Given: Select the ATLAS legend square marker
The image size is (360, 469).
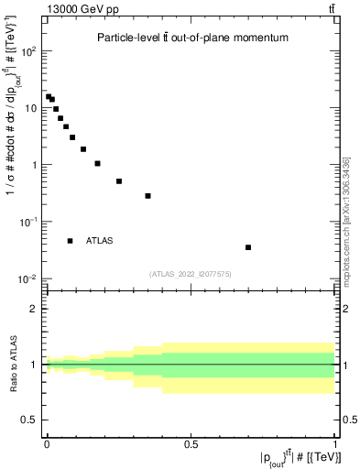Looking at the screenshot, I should [71, 241].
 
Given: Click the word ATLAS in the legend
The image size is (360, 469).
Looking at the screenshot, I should [99, 241].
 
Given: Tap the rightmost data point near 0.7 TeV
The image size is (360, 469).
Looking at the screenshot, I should [248, 247].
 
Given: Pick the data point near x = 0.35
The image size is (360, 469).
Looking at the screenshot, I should [147, 196].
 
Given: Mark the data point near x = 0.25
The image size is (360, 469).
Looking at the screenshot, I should [119, 181].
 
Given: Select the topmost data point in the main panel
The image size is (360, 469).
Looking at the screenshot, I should [49, 96].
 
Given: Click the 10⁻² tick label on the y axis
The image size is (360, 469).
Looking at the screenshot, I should [28, 278].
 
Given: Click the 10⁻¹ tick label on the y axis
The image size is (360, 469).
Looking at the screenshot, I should [28, 222].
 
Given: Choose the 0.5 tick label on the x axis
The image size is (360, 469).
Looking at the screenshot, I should [191, 444].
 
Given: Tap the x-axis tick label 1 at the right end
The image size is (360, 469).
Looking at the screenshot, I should [336, 444].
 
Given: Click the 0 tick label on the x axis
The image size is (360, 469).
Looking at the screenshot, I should [47, 444].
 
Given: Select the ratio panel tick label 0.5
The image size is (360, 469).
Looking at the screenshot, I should [30, 420].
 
